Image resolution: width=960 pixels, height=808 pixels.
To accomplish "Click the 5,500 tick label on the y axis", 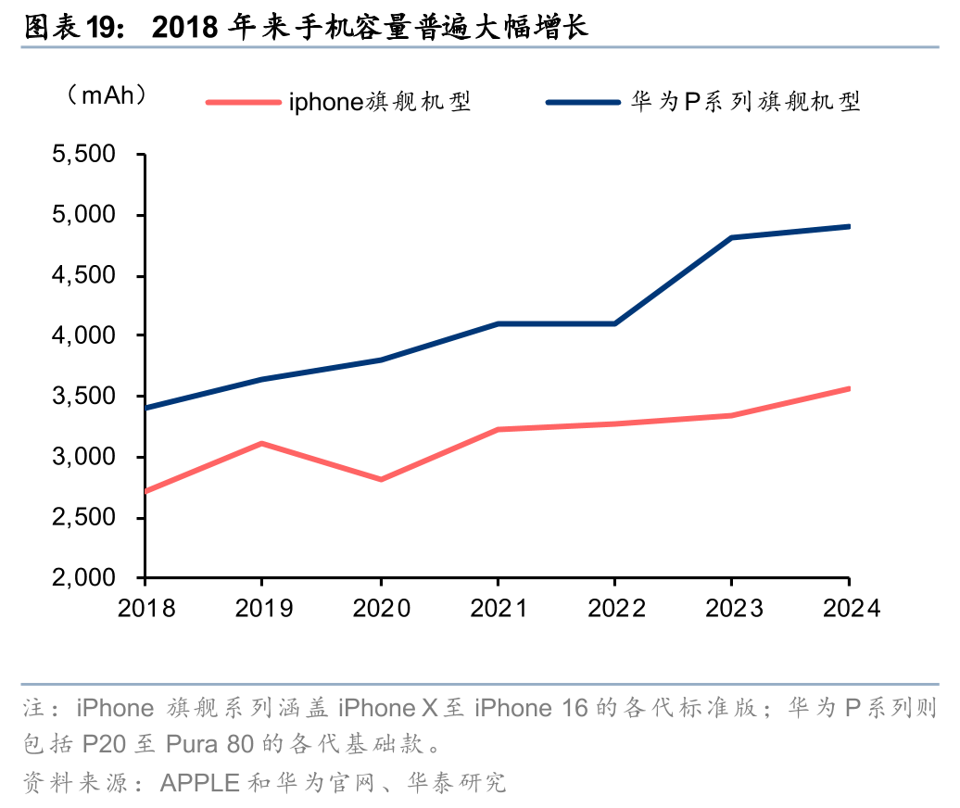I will [x=89, y=155].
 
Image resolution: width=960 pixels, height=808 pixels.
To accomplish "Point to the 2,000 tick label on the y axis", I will [x=89, y=578].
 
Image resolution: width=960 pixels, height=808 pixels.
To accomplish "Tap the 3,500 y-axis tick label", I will [x=89, y=397].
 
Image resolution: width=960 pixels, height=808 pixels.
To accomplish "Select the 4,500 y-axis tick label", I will [x=89, y=276].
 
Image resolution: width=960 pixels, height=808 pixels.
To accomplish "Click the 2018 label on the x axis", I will [x=145, y=608].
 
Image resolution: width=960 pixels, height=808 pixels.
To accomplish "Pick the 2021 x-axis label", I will [x=498, y=608].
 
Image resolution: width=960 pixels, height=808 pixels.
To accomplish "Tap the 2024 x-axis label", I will [x=850, y=608].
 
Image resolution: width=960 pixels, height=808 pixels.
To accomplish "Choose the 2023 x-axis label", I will [x=732, y=608].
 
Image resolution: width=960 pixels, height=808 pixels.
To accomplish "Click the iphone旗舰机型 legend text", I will [x=380, y=101].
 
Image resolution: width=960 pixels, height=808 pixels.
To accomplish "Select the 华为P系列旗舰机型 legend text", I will [x=746, y=101].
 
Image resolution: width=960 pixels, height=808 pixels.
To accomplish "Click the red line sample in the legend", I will [x=243, y=101].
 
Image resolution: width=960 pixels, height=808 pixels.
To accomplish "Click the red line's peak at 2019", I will [x=262, y=444].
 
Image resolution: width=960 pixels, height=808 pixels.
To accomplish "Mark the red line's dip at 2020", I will [x=380, y=479].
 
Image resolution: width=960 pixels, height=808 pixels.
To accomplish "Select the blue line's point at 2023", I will [x=732, y=238].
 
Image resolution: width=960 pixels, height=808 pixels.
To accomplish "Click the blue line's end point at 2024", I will [x=849, y=226].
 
